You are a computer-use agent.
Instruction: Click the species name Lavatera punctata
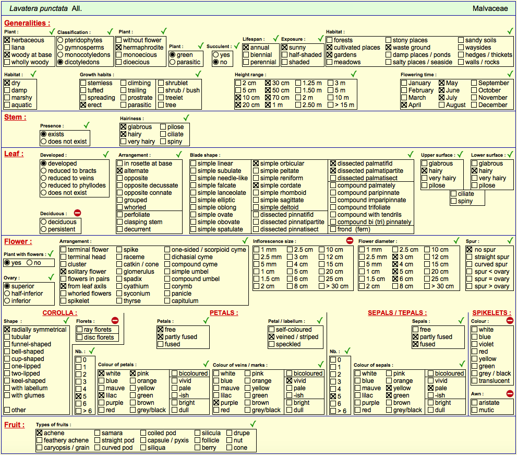coord(39,8)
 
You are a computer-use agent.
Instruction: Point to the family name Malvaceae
coord(490,8)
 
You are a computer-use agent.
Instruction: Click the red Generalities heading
coord(27,23)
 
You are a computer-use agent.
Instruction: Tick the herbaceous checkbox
coord(7,40)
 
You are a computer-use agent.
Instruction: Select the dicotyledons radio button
coord(61,62)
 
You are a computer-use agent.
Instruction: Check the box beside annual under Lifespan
coord(246,48)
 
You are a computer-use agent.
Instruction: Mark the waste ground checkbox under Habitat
coord(389,48)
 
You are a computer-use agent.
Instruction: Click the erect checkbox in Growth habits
coord(83,105)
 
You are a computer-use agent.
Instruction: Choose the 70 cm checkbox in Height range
coord(268,98)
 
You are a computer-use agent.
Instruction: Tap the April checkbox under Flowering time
coord(404,105)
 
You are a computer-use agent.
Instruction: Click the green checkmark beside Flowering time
coord(510,74)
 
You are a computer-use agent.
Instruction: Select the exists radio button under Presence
coord(43,134)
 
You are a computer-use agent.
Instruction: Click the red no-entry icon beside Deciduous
coord(78,213)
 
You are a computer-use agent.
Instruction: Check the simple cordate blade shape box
coord(256,185)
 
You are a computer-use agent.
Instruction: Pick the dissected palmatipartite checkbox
coord(333,171)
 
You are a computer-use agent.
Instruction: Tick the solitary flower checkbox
coord(64,272)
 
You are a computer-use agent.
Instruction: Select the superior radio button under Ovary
coord(7,286)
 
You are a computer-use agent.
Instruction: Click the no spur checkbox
coord(470,250)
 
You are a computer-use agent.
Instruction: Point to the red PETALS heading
coord(224,313)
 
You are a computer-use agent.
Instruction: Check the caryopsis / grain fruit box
coord(40,448)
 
